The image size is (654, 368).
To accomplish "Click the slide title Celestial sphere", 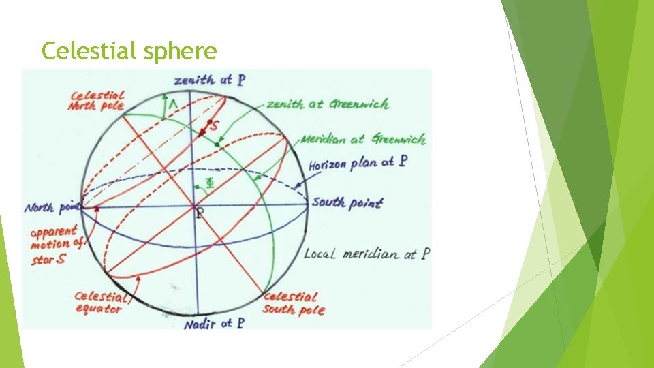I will [129, 50].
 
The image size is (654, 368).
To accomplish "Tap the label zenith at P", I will [210, 80].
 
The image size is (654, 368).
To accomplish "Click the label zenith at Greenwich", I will [328, 104].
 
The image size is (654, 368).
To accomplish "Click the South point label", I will [347, 202].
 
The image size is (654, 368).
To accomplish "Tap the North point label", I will [52, 207].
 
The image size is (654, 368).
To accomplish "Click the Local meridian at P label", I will [367, 254].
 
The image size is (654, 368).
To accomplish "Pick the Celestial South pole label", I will [294, 303].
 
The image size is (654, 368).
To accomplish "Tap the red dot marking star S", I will [208, 123].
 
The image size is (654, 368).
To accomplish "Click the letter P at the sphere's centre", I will [199, 213].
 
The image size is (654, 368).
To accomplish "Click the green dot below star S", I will [217, 144].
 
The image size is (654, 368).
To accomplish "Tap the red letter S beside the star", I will [216, 127].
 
